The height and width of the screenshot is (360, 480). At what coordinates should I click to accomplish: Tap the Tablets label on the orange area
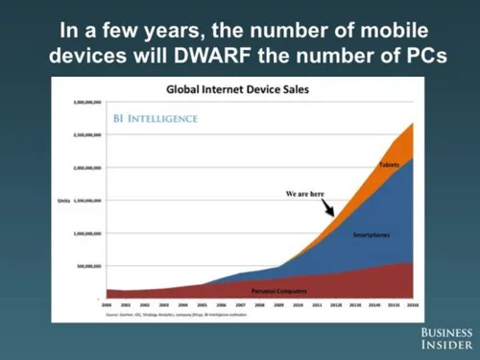(389, 165)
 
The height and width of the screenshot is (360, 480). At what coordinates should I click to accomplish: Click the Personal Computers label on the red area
(280, 290)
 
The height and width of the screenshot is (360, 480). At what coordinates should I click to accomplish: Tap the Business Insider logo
(446, 337)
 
